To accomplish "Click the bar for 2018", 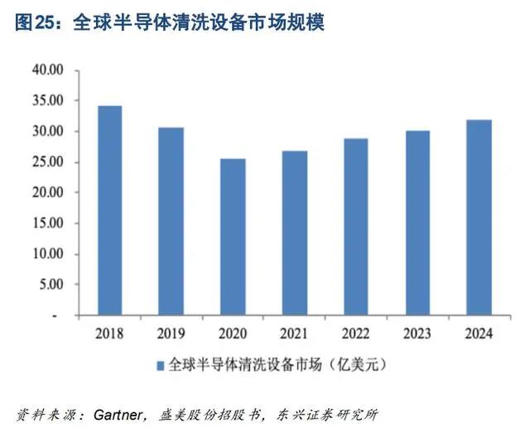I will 109,211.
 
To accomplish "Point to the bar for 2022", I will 355,228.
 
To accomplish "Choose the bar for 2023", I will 417,223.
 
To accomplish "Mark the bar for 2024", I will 478,219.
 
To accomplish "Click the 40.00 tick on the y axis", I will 46,70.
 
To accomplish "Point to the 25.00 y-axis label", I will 46,162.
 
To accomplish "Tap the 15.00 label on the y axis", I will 46,223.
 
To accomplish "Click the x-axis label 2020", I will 232,334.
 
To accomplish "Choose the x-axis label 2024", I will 478,334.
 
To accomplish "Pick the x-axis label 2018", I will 109,334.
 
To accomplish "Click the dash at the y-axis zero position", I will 55,316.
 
